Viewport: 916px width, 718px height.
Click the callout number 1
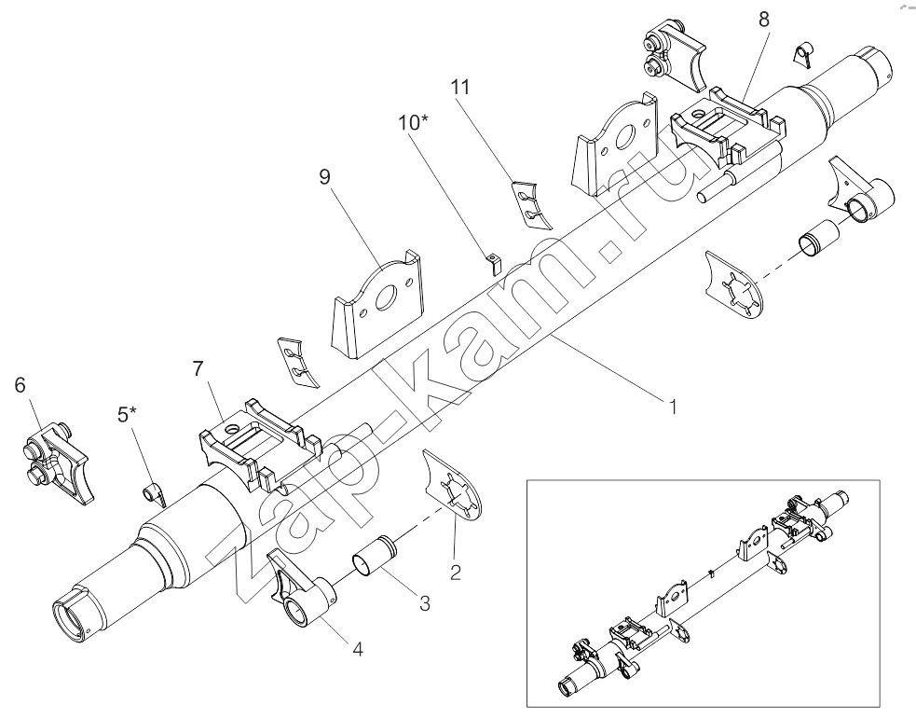point(670,407)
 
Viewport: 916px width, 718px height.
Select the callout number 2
point(456,572)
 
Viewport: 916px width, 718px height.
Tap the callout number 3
point(424,602)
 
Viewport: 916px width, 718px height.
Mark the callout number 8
point(763,19)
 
